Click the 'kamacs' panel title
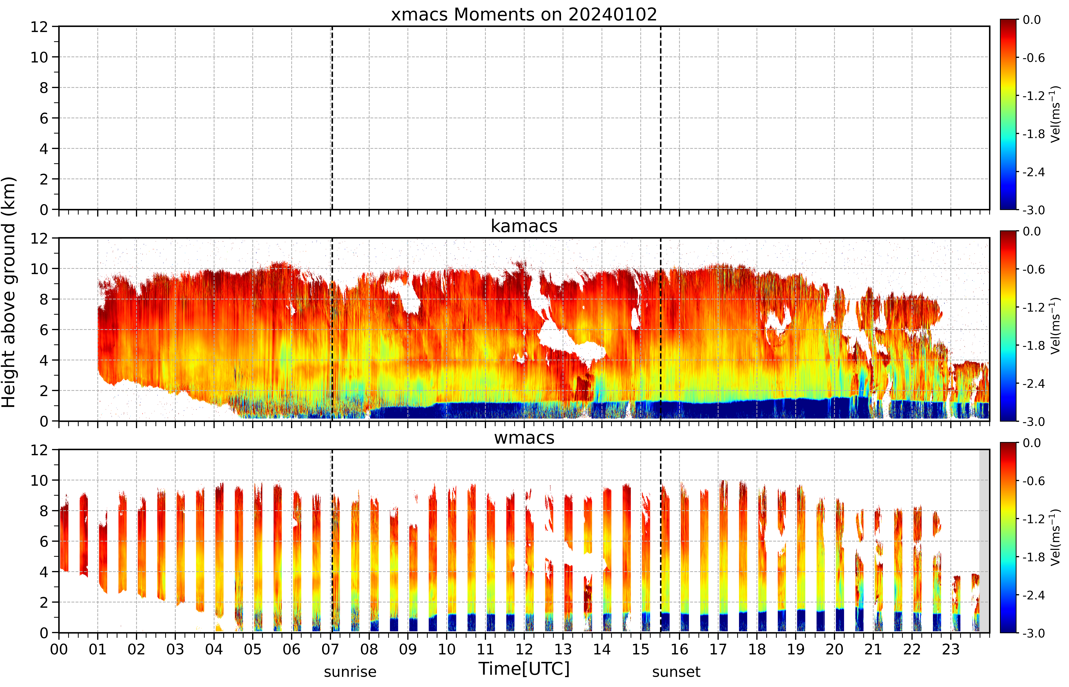point(524,226)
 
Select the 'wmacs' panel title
point(524,438)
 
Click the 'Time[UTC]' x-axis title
point(524,669)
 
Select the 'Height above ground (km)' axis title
point(9,292)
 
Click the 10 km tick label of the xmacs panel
point(39,57)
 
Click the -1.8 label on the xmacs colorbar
point(1033,134)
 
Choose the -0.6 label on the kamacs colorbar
point(1033,269)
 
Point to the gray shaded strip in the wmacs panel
point(984,541)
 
